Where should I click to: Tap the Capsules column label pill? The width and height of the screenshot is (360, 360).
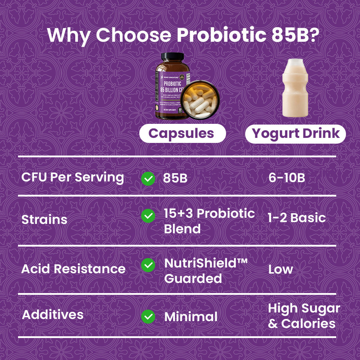tap(182, 134)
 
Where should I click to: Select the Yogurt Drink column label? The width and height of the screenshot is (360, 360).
tap(296, 134)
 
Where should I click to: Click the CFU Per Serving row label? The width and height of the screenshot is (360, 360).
tap(73, 177)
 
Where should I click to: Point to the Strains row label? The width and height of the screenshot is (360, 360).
tap(44, 219)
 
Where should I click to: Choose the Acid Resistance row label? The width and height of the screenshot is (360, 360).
tap(73, 269)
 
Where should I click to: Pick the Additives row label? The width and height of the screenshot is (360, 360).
tap(53, 315)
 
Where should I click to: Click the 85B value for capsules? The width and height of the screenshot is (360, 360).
tap(175, 178)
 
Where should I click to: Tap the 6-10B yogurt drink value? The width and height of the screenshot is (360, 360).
tap(287, 178)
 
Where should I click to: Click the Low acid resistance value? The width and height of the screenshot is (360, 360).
tap(280, 269)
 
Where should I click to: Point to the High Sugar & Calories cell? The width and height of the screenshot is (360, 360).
tap(304, 316)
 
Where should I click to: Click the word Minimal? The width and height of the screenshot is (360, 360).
tap(191, 317)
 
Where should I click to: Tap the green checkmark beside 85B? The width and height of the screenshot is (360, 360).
tap(148, 178)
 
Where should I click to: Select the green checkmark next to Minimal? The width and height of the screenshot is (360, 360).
tap(148, 316)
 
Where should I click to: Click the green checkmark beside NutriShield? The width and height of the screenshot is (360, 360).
tap(148, 265)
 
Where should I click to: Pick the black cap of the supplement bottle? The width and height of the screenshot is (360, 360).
tap(172, 57)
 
